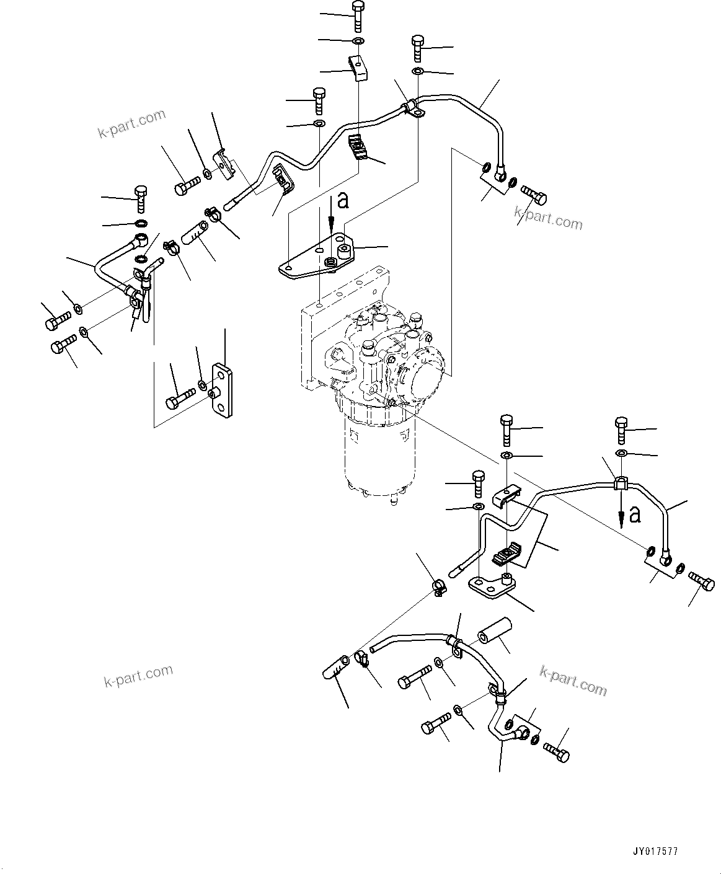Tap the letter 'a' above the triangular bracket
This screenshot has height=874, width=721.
click(343, 200)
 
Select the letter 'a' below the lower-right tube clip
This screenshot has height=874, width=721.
click(634, 514)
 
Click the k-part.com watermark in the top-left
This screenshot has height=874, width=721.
click(132, 124)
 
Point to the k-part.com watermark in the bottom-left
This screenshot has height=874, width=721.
click(138, 676)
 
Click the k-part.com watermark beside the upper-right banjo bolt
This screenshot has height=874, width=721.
click(549, 218)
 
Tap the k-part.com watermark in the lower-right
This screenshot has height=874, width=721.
click(573, 680)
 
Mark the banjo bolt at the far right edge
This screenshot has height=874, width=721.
click(702, 582)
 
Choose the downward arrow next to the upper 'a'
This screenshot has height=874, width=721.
click(332, 214)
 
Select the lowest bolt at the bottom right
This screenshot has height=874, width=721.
click(557, 751)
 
